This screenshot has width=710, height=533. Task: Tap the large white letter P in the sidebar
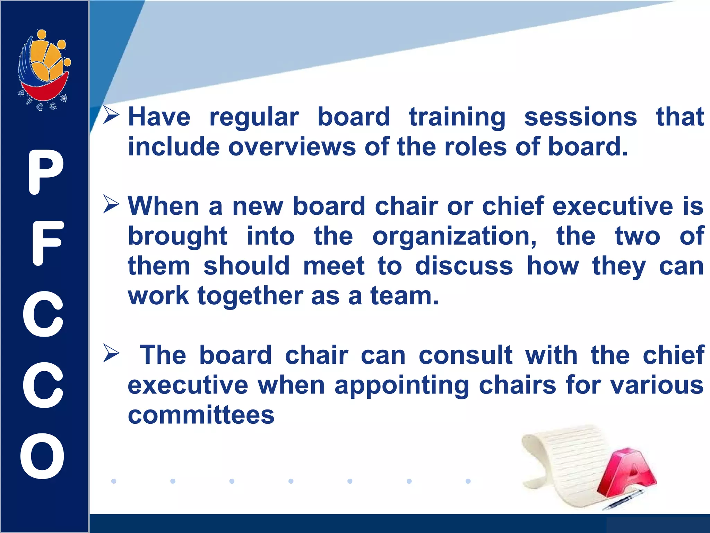[45, 172]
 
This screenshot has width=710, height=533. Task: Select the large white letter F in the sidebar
[47, 243]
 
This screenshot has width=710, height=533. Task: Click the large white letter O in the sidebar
[42, 456]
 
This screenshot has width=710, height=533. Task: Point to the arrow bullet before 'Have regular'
[111, 116]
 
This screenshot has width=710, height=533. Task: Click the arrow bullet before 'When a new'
[111, 204]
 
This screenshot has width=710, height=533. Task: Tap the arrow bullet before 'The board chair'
[111, 354]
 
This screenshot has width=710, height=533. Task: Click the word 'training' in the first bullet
[457, 117]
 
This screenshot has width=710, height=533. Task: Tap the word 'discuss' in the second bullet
[464, 266]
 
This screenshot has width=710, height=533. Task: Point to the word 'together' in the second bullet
[250, 296]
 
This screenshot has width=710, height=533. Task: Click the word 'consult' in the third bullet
[465, 355]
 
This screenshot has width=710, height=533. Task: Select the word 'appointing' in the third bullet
[402, 386]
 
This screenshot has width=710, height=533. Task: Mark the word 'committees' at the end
[201, 415]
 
